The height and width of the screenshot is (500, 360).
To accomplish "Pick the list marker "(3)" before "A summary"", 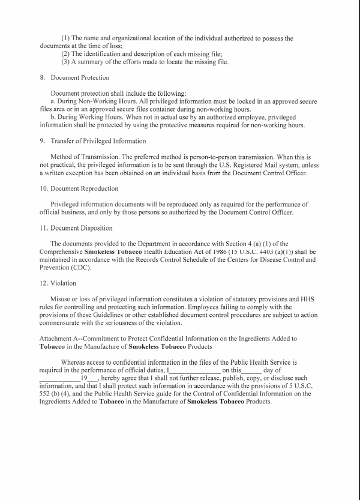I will pos(67,62).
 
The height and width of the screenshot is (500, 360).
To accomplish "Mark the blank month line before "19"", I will pos(59,381).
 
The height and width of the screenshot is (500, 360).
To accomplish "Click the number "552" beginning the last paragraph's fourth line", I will pos(46,393).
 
